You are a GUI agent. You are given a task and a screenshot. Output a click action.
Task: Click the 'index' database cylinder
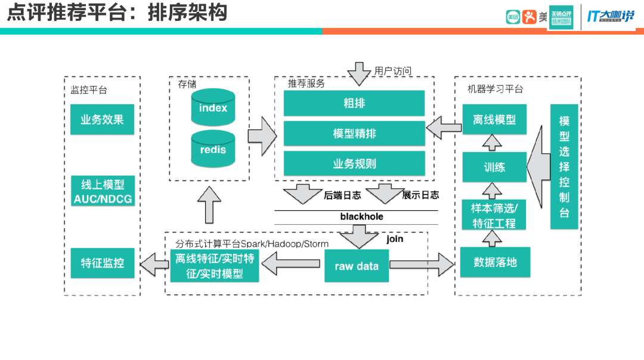(x=213, y=108)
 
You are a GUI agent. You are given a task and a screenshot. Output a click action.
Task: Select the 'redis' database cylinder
(x=213, y=150)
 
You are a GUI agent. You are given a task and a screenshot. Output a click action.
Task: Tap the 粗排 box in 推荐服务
(x=354, y=103)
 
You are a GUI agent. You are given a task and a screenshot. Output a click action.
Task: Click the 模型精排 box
(x=354, y=134)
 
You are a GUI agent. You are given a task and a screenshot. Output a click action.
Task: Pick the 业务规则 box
(x=354, y=163)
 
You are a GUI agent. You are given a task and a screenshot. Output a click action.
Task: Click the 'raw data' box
(x=357, y=266)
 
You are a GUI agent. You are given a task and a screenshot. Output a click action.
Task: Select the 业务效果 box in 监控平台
(x=102, y=119)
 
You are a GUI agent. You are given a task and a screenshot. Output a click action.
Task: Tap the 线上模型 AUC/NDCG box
(x=103, y=191)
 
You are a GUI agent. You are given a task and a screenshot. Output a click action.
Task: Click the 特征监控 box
(x=102, y=262)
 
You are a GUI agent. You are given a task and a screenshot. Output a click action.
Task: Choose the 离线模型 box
(x=494, y=119)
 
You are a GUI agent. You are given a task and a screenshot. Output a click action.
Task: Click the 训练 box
(x=494, y=167)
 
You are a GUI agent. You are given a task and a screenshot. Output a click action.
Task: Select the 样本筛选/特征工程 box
(x=494, y=215)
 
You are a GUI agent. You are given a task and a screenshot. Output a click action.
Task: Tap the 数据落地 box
(x=495, y=262)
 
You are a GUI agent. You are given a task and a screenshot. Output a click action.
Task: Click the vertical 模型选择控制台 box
(x=564, y=166)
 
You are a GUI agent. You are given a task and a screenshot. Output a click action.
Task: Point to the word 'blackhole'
(x=361, y=216)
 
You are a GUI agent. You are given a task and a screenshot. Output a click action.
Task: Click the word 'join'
(x=395, y=239)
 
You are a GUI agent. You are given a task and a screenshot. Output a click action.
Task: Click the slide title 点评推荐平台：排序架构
(x=117, y=13)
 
